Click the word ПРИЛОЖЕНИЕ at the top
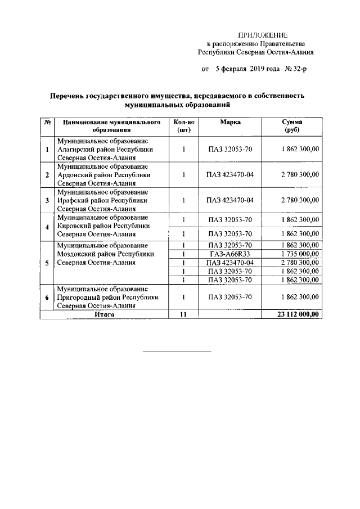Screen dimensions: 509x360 263,34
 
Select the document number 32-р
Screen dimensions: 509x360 297,70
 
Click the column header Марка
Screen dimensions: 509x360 231,122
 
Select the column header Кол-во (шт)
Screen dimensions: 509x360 184,126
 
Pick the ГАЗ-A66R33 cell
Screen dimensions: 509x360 231,254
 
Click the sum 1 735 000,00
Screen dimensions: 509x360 300,254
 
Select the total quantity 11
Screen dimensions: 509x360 183,315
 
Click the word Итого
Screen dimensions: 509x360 105,315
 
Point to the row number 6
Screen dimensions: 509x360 47,298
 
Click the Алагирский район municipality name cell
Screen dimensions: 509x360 105,150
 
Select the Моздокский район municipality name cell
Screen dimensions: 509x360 105,254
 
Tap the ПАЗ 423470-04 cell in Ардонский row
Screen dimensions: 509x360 231,175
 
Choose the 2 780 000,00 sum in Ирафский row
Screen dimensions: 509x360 300,200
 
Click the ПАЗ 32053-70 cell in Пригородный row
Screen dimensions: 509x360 231,297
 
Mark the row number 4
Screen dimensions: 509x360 47,227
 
